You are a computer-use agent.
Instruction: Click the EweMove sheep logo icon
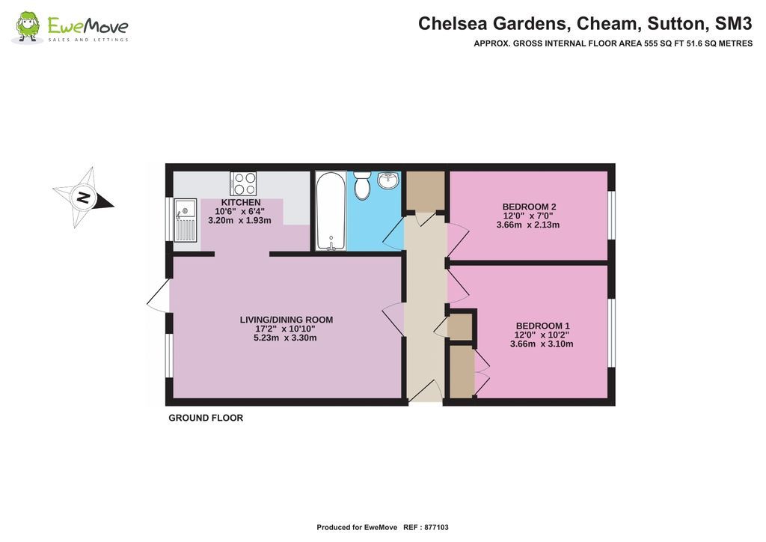tap(28, 27)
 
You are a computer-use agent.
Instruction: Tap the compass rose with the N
tap(83, 198)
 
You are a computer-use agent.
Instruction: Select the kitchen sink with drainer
tap(184, 220)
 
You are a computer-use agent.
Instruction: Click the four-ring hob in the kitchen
tap(243, 183)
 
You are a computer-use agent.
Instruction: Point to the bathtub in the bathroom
tap(330, 210)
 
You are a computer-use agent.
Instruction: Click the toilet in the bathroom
tap(362, 185)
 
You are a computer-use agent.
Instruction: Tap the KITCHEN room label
tap(241, 203)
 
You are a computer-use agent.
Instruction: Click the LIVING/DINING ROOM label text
tap(287, 320)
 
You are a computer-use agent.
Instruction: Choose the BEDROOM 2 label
tap(529, 207)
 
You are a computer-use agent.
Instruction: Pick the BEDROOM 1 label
tap(542, 326)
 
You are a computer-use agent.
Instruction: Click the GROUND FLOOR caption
tap(206, 418)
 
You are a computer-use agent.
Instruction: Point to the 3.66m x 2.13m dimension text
tap(529, 225)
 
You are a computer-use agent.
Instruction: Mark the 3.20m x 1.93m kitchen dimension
tap(239, 221)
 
